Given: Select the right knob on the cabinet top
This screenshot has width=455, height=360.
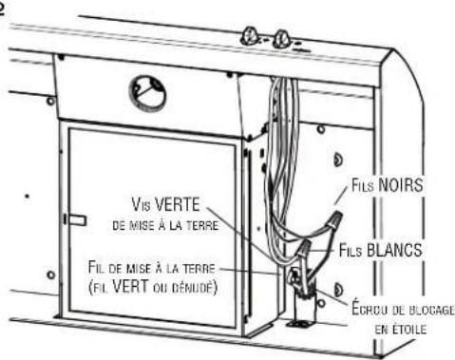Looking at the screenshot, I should click(282, 40).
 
